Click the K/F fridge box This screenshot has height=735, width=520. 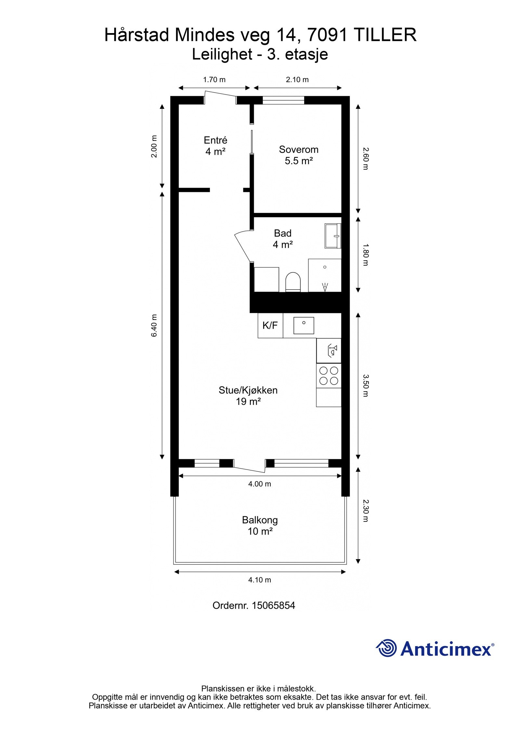click(270, 325)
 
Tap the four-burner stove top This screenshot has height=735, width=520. click(329, 375)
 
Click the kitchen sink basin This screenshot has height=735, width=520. click(304, 325)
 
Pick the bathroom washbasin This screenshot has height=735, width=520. click(332, 236)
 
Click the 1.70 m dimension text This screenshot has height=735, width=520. click(214, 80)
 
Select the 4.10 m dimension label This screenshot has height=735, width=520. click(259, 580)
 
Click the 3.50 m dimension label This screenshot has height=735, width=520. click(366, 386)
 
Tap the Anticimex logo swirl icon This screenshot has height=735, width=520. click(387, 648)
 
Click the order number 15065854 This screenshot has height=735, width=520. click(273, 605)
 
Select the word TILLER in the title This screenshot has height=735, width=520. click(384, 35)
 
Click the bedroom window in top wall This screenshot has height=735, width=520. click(283, 100)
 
